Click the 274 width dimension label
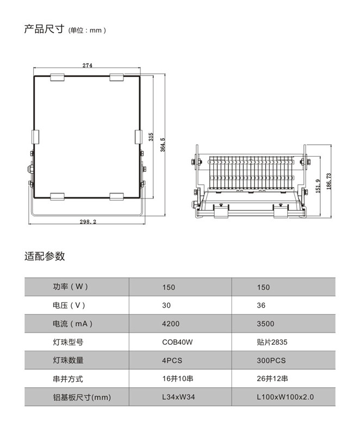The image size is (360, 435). pyautogui.click(x=88, y=65)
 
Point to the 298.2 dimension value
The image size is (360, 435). pyautogui.click(x=88, y=222)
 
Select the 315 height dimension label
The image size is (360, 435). pyautogui.click(x=151, y=137)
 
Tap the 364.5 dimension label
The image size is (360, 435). pyautogui.click(x=163, y=145)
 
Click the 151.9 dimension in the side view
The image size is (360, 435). pyautogui.click(x=318, y=186)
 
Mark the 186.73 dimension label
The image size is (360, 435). pyautogui.click(x=329, y=182)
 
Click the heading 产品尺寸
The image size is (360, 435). pyautogui.click(x=45, y=29)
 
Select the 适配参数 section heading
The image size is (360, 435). pyautogui.click(x=45, y=256)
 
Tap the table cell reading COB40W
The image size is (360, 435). pyautogui.click(x=177, y=342)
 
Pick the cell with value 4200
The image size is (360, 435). pyautogui.click(x=171, y=324)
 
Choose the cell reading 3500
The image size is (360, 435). pyautogui.click(x=265, y=324)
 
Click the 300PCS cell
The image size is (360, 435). pyautogui.click(x=271, y=361)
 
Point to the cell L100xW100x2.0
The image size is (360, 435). pyautogui.click(x=285, y=397)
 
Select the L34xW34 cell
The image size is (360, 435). pyautogui.click(x=178, y=397)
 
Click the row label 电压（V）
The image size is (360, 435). pyautogui.click(x=69, y=306)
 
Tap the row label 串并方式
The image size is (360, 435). pyautogui.click(x=68, y=378)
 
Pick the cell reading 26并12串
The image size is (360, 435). pyautogui.click(x=272, y=378)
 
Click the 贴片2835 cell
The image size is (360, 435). pyautogui.click(x=272, y=342)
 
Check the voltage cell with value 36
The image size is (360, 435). pyautogui.click(x=261, y=306)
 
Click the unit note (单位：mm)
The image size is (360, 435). pyautogui.click(x=87, y=30)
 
